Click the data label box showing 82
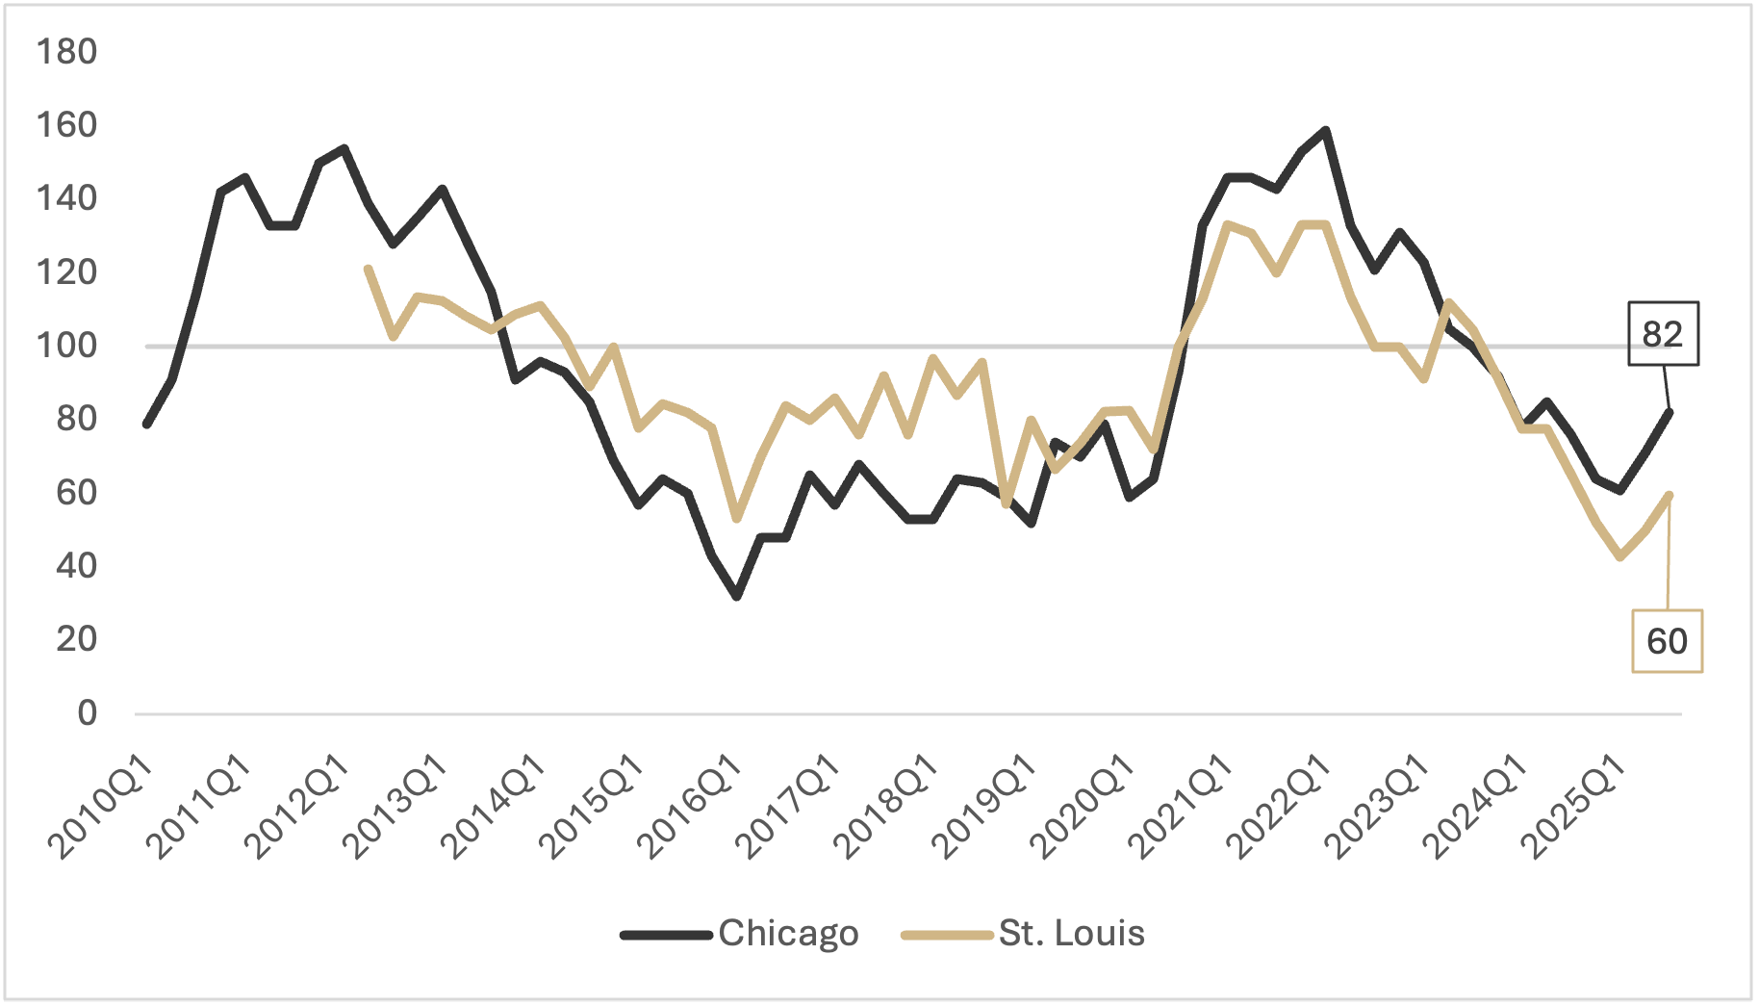tap(1663, 334)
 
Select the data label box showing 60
tap(1667, 641)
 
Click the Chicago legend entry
tap(739, 934)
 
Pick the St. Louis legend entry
tap(1023, 934)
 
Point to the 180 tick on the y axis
tap(66, 52)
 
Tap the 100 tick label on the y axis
tap(66, 346)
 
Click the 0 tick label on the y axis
tap(88, 713)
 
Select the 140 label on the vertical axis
tap(66, 198)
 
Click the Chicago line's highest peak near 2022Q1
tap(1326, 131)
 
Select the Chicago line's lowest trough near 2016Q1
tap(737, 597)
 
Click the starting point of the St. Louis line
tap(368, 269)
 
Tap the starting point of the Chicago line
tap(146, 424)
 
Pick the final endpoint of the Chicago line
tap(1670, 412)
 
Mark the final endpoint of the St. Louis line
tap(1670, 495)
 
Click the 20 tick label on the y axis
tap(77, 639)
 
